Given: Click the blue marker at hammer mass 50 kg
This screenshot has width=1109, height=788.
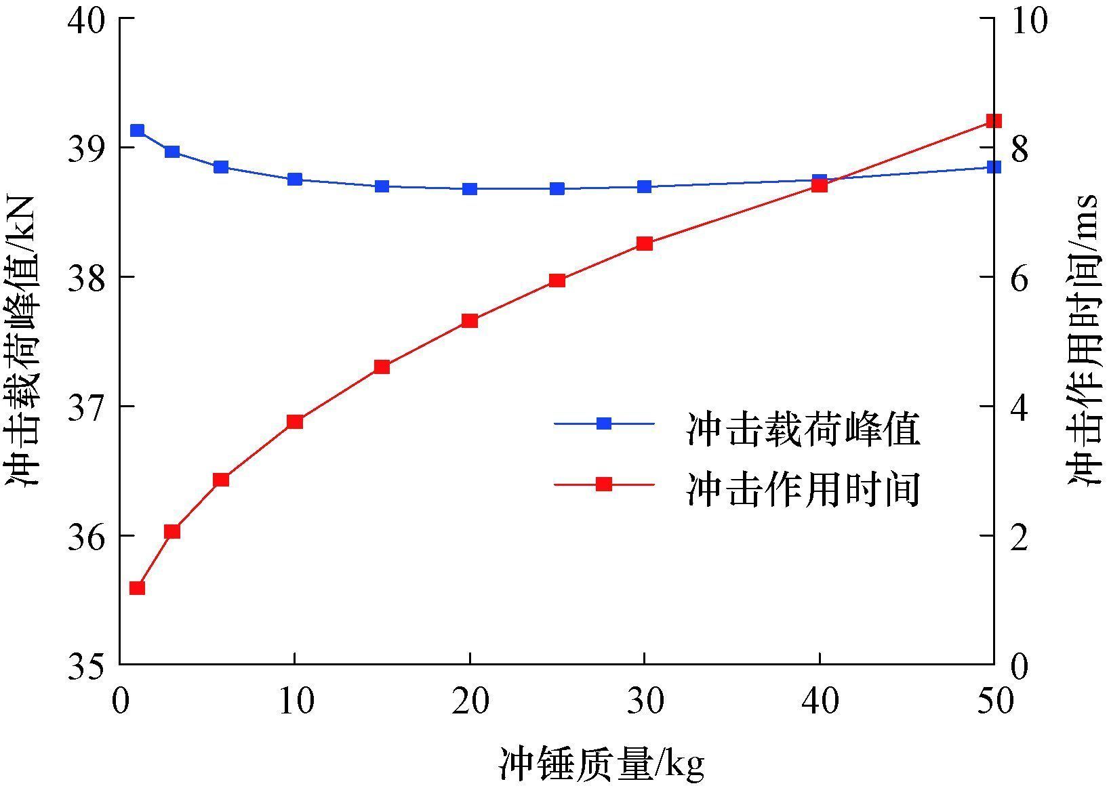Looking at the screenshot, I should pos(994,167).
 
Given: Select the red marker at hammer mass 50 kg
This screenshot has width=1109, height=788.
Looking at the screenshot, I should pos(994,121).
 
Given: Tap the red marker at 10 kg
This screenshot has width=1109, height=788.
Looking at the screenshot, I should pos(294,422).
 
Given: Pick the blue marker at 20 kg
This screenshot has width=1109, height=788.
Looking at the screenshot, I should pos(470,189).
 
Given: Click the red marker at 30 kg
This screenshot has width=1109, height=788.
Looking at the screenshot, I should pos(645,244).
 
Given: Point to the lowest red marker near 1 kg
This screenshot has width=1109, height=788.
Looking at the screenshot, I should pos(138,588).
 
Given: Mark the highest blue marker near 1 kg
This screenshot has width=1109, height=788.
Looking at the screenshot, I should pos(138,131).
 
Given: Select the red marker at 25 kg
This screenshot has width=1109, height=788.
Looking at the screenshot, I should pos(557,281).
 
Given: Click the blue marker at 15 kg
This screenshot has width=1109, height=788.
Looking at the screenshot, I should pos(382,186).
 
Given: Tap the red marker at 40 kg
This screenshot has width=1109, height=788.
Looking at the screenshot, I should pos(820,186).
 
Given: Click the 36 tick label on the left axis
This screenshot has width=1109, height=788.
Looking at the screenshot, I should pos(87,536).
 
